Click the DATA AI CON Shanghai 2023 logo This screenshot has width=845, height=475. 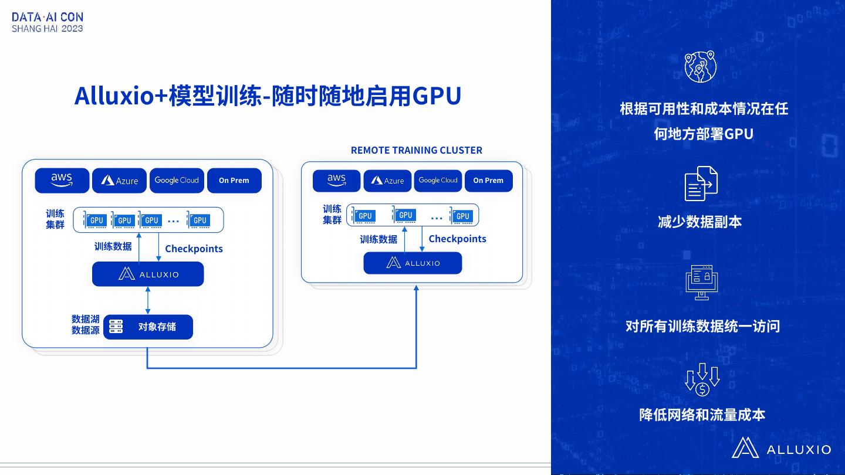pyautogui.click(x=48, y=22)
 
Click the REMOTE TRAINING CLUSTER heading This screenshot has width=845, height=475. pyautogui.click(x=416, y=150)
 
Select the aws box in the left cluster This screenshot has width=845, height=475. pyautogui.click(x=62, y=180)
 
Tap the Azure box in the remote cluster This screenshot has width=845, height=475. pyautogui.click(x=387, y=181)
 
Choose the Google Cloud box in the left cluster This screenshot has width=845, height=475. pyautogui.click(x=177, y=180)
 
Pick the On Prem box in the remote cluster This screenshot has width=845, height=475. pyautogui.click(x=488, y=181)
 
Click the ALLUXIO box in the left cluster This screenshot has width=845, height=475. pyautogui.click(x=148, y=274)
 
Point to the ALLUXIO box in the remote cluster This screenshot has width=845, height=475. pyautogui.click(x=413, y=263)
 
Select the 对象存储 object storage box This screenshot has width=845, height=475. pyautogui.click(x=148, y=327)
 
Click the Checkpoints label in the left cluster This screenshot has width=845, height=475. pyautogui.click(x=194, y=249)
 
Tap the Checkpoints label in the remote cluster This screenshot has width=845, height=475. pyautogui.click(x=457, y=239)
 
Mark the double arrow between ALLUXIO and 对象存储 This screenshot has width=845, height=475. pyautogui.click(x=147, y=300)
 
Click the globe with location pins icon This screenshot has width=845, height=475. pyautogui.click(x=701, y=66)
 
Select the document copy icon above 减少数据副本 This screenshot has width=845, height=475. pyautogui.click(x=701, y=184)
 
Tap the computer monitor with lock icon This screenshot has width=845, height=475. pyautogui.click(x=702, y=282)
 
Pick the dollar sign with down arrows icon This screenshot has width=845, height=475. pyautogui.click(x=702, y=380)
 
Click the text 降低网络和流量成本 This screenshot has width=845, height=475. pyautogui.click(x=702, y=415)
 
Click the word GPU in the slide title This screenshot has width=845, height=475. pyautogui.click(x=437, y=96)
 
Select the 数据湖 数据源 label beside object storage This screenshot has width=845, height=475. pyautogui.click(x=86, y=324)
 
